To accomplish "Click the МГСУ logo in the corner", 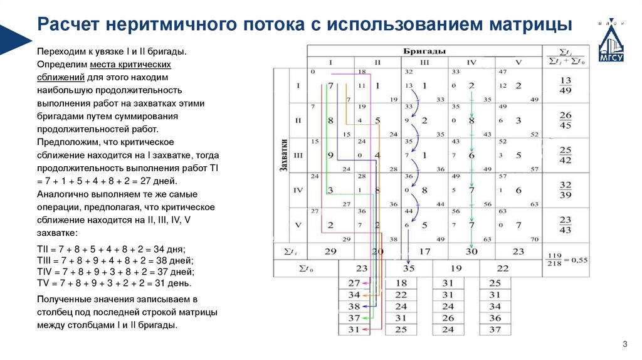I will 611,41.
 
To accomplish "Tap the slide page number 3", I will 624,344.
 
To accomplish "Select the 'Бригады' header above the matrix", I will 424,50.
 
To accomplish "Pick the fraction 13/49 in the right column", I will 566,85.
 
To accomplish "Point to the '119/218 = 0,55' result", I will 566,257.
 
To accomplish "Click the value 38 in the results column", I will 354,307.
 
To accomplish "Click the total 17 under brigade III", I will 424,251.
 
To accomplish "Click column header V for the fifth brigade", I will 518,62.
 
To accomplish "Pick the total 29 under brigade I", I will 330,251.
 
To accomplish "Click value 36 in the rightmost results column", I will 495,319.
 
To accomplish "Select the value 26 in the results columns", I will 448,319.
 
